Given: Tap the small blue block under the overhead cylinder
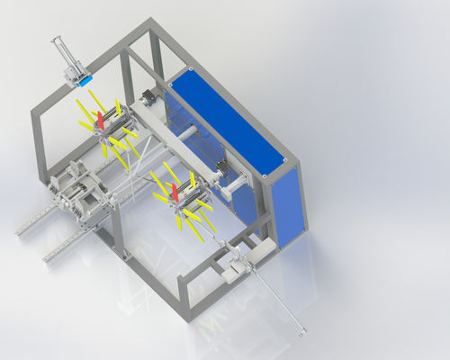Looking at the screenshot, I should (x=85, y=80).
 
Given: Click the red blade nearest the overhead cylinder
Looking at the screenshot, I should (x=101, y=118).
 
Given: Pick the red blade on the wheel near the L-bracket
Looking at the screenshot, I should (x=175, y=192).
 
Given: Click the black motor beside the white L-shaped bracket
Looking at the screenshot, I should (x=221, y=169).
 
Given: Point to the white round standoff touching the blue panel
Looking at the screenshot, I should (x=192, y=132).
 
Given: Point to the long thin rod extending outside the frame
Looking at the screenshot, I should (x=270, y=296).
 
